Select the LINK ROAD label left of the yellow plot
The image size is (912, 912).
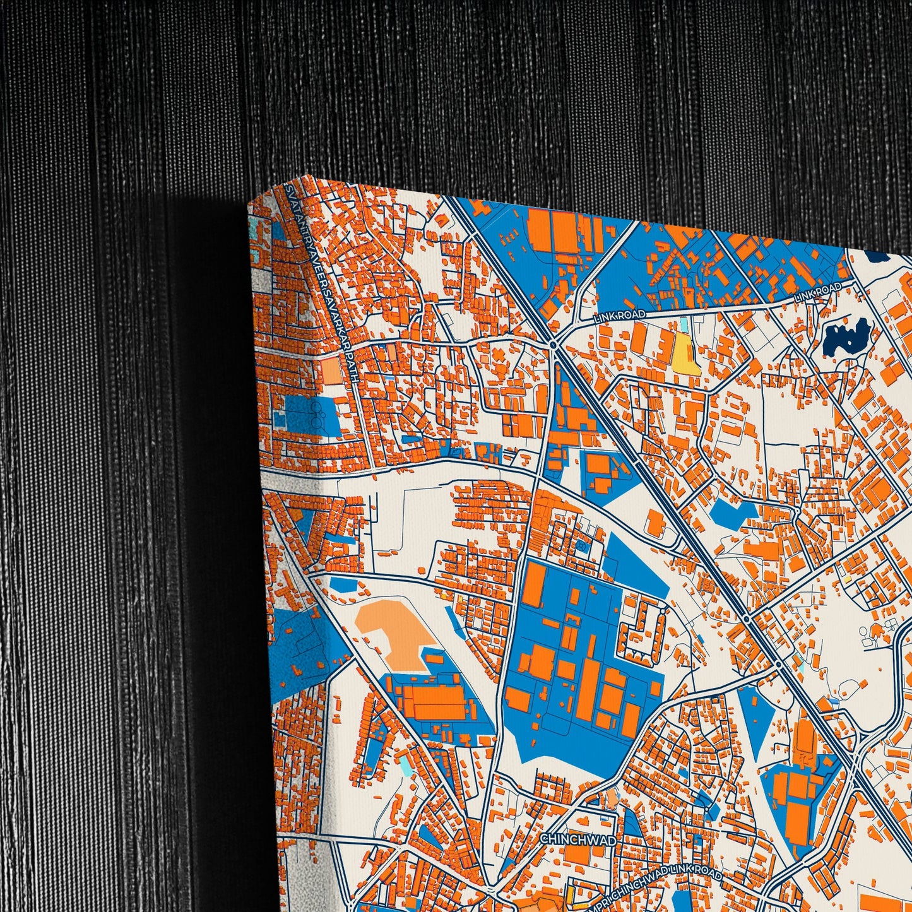pyautogui.click(x=620, y=314)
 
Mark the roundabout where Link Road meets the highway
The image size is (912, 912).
pyautogui.click(x=553, y=345)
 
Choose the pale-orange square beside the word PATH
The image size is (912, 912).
pyautogui.click(x=330, y=371)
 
